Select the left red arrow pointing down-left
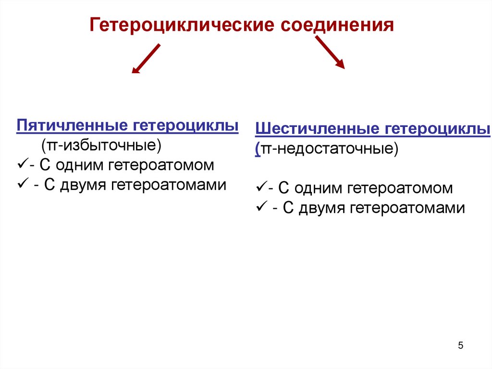pos(146,59)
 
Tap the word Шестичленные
pos(318,129)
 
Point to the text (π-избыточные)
pos(100,145)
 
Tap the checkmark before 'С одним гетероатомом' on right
pos(261,188)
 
